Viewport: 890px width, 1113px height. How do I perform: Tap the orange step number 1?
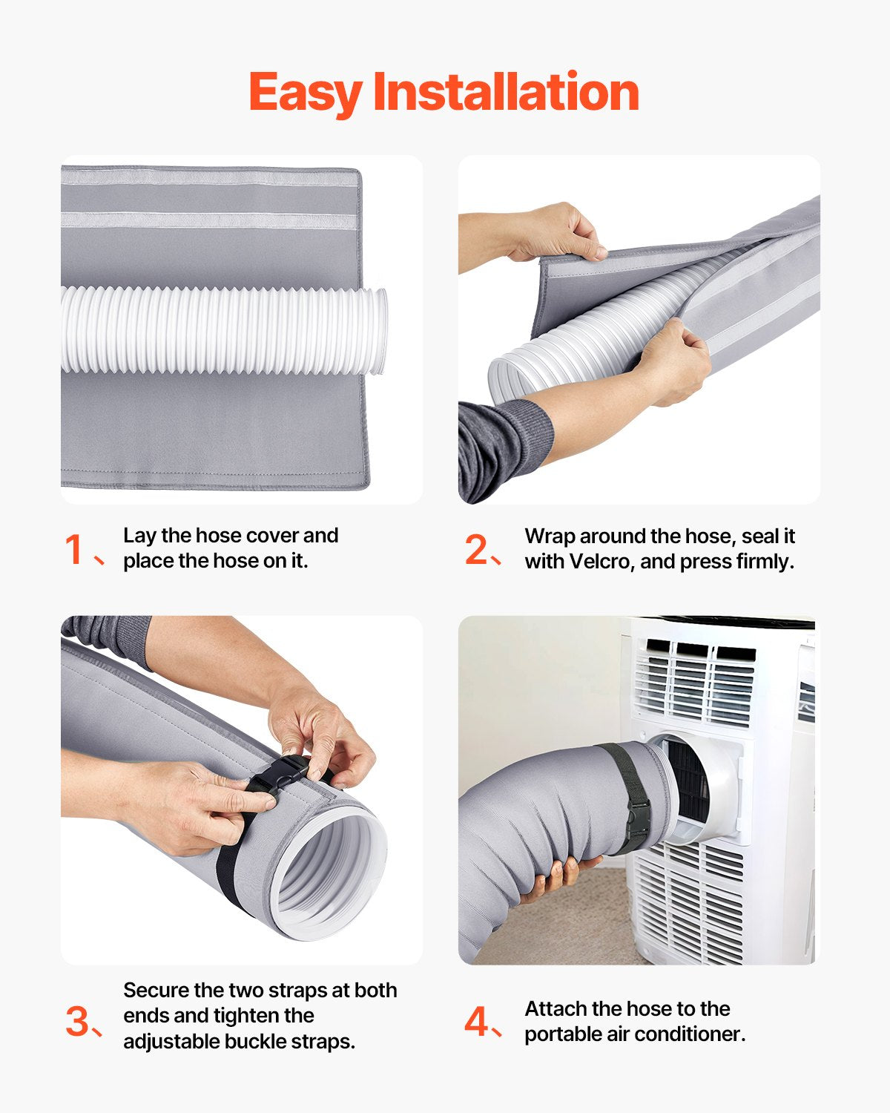74,550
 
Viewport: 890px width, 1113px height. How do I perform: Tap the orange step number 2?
475,550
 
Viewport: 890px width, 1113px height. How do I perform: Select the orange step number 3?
76,1022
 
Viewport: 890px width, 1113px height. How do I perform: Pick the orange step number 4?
475,1022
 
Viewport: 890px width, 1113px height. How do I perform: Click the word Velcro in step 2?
599,562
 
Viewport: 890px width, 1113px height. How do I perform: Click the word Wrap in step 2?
550,536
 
